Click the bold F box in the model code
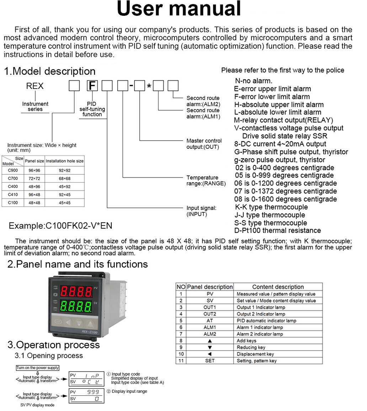[x=92, y=86]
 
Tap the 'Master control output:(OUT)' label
[x=204, y=144]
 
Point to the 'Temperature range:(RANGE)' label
[x=206, y=180]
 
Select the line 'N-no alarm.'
[x=254, y=81]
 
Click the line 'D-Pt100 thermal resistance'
[x=277, y=231]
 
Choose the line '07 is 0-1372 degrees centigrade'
[x=286, y=191]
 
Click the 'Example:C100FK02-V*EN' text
[x=60, y=226]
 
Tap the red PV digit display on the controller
[x=77, y=291]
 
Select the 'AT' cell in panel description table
[x=210, y=321]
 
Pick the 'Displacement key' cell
[x=255, y=354]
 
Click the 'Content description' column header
[x=278, y=287]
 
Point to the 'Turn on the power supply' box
[x=38, y=368]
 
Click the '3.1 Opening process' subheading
[x=49, y=355]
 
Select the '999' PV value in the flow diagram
[x=94, y=391]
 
